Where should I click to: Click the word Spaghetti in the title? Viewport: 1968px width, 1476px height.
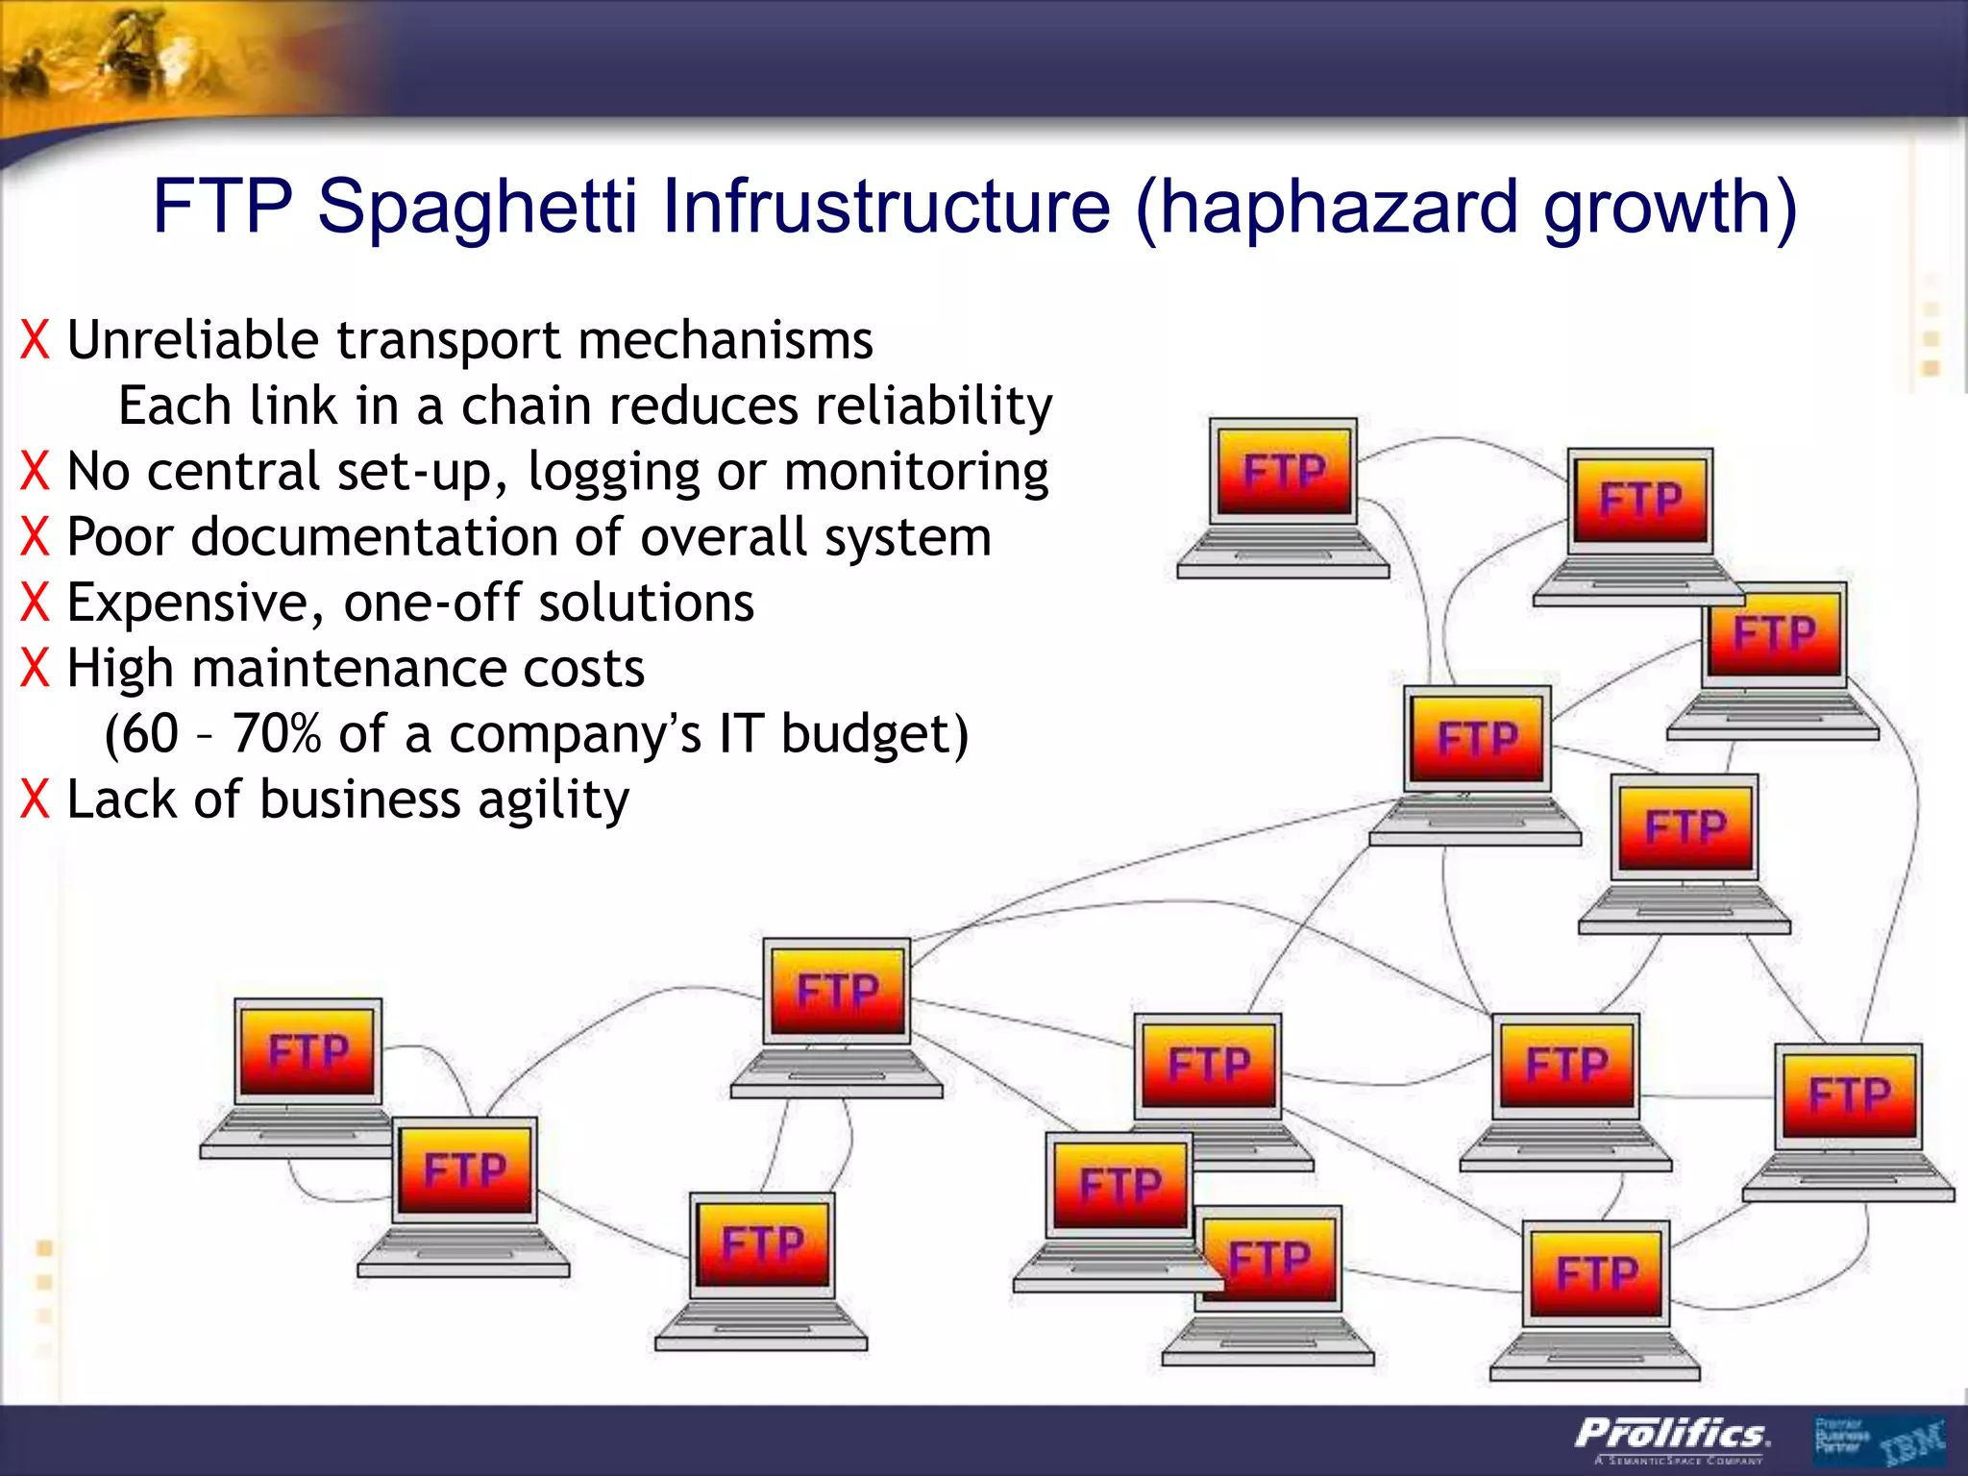477,207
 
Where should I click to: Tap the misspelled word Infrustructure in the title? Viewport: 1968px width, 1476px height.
886,207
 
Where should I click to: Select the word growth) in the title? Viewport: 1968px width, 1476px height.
1669,207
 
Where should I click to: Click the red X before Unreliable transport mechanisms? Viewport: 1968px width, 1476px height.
35,341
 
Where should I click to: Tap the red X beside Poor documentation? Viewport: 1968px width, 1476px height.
35,537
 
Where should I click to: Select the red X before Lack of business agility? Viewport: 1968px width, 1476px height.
35,799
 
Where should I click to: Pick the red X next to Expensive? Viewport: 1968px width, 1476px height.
35,603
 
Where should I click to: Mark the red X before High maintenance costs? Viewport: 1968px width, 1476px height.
35,669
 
